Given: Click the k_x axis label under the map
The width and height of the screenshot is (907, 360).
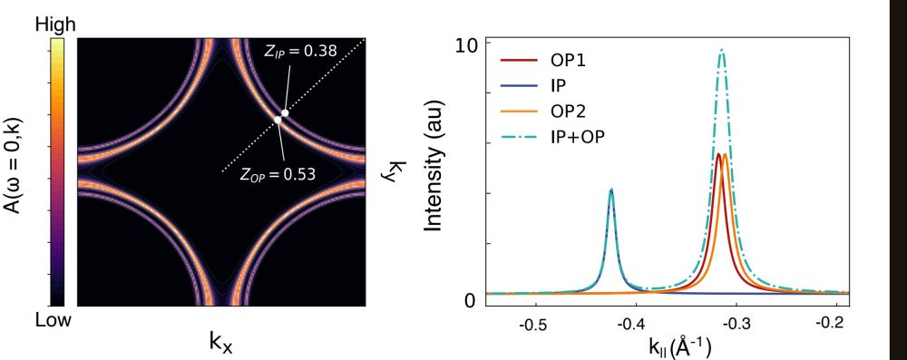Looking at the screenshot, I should click(x=221, y=343).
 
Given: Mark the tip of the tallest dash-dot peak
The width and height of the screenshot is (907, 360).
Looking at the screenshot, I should click(x=722, y=50).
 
